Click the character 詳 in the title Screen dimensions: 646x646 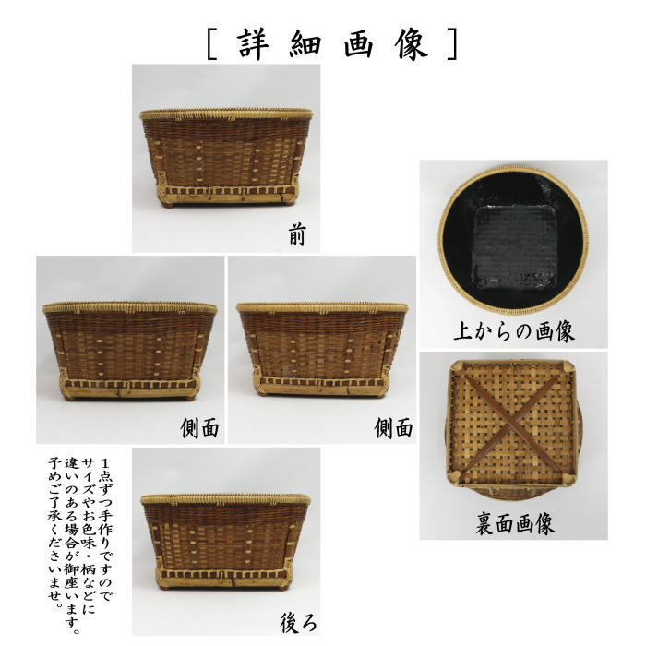[x=252, y=42]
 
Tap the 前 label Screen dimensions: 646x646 [x=296, y=236]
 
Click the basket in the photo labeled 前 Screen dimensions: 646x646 [x=226, y=157]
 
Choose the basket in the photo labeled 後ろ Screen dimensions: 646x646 [x=226, y=540]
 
